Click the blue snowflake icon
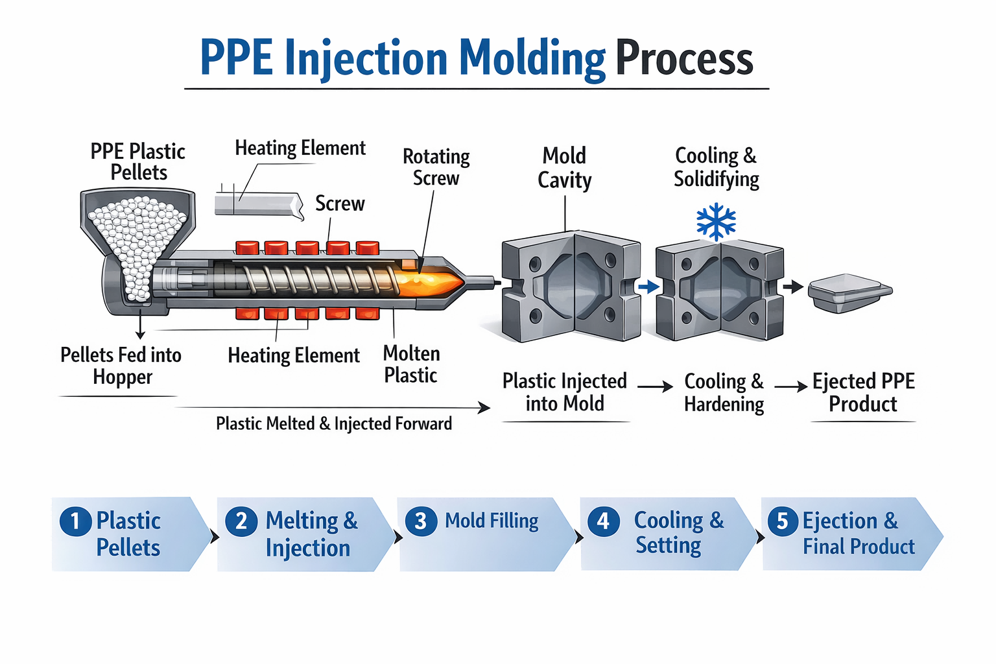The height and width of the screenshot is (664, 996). [x=716, y=222]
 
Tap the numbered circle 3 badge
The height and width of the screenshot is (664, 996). [x=420, y=521]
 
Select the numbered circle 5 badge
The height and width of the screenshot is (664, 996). [x=782, y=521]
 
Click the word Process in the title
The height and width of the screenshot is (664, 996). [x=684, y=58]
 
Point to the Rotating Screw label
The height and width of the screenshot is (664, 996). [x=436, y=167]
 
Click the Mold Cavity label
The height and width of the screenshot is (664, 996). [x=564, y=167]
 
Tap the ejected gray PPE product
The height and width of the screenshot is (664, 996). [x=849, y=292]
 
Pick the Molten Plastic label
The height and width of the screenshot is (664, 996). [x=411, y=364]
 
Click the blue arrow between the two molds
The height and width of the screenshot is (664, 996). [x=648, y=287]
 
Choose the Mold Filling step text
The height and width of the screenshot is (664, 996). [x=492, y=521]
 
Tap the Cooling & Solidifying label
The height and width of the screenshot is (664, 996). [x=716, y=167]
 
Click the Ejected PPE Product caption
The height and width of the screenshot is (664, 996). [x=863, y=392]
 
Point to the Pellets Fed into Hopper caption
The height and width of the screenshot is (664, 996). [x=121, y=366]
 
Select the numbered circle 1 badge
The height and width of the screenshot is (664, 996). [x=75, y=521]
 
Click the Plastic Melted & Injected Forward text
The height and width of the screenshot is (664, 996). [x=334, y=423]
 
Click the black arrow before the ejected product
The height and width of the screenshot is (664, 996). [x=793, y=287]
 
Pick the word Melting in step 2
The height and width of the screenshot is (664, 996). [x=302, y=521]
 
